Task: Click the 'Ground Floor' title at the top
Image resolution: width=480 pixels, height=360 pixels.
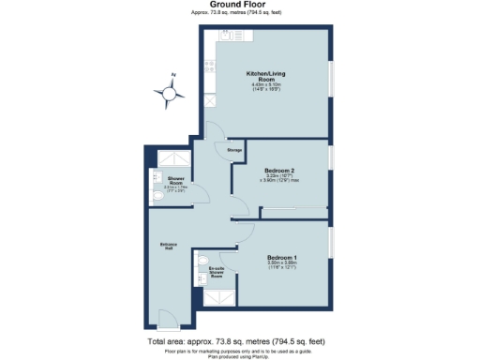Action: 239,6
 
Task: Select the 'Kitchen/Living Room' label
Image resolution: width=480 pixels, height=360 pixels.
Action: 265,76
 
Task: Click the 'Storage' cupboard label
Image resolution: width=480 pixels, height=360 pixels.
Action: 234,148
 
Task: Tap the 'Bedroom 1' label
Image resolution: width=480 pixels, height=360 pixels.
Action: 282,257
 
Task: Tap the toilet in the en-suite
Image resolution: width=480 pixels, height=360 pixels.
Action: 202,260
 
